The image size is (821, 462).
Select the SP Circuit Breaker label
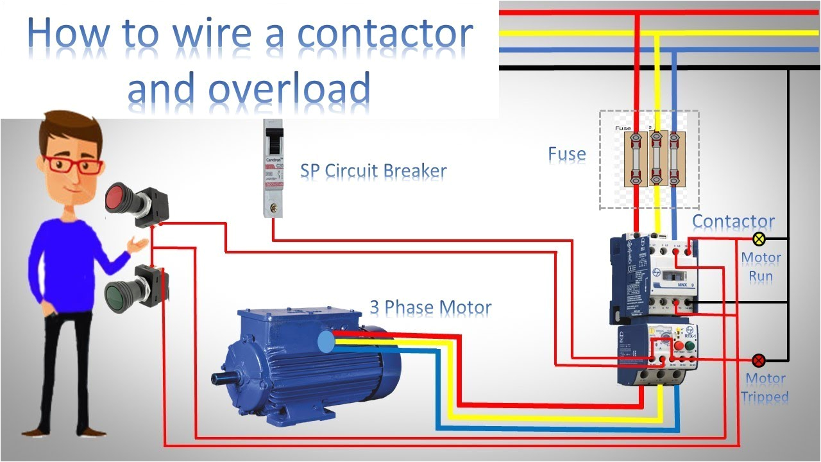tap(373, 171)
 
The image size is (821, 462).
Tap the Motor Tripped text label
tap(765, 388)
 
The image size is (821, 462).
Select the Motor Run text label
tap(761, 267)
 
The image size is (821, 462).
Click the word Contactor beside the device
tap(733, 221)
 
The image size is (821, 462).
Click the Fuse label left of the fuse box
tap(566, 154)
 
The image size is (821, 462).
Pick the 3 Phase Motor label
tap(430, 307)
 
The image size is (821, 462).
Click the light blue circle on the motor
tap(326, 342)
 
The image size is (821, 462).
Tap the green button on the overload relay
tap(690, 347)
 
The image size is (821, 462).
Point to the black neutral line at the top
tap(641, 67)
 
